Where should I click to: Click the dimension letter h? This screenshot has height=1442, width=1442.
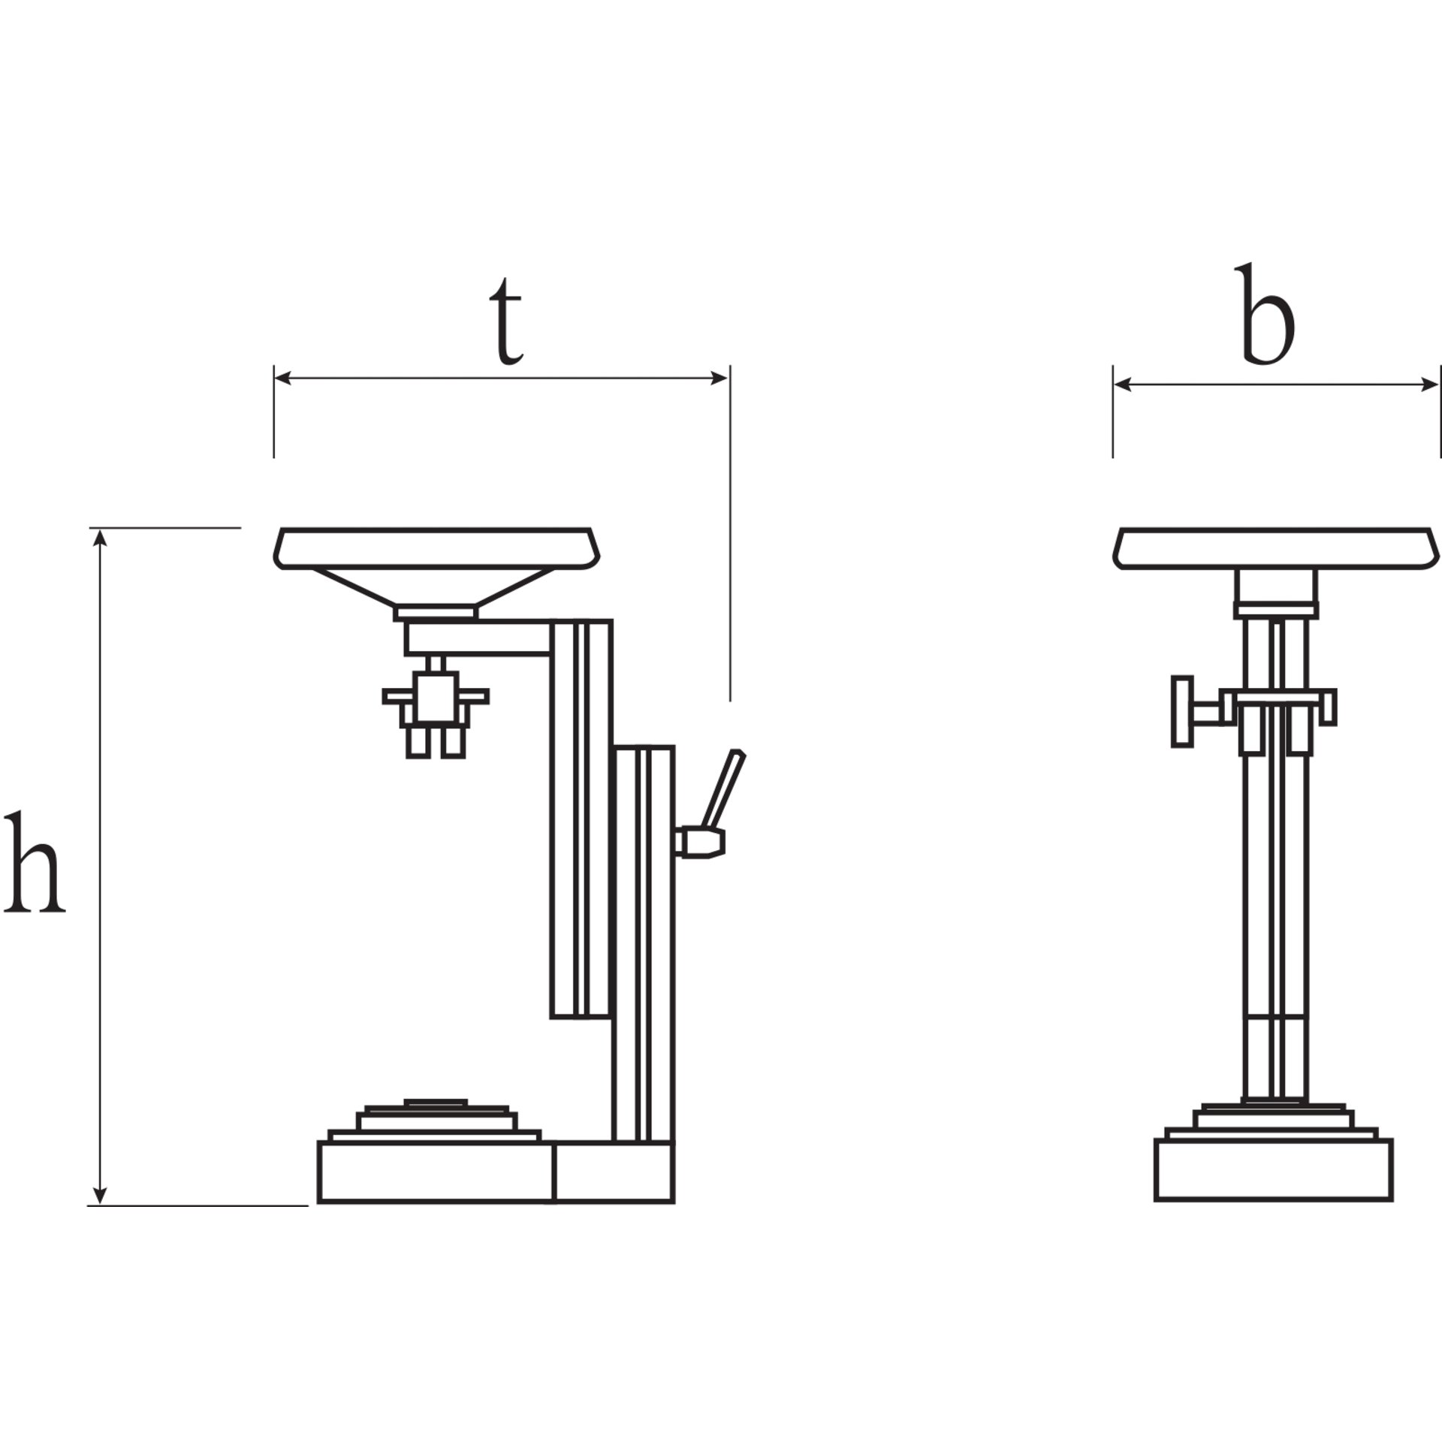[34, 861]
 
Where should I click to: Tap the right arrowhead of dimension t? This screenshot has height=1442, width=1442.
[719, 378]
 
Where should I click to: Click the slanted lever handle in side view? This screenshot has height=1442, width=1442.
[723, 789]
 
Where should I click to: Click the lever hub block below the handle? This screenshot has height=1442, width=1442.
[700, 842]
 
